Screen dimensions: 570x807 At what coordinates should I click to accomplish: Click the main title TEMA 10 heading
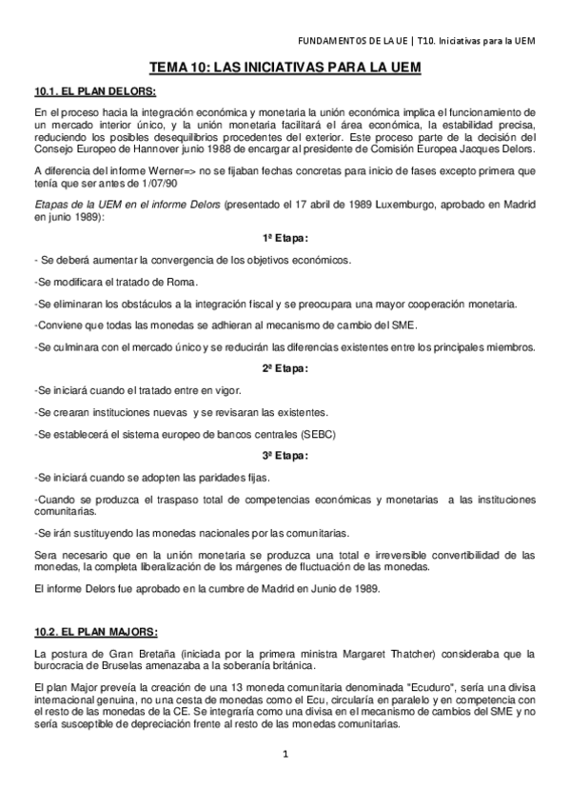coord(285,69)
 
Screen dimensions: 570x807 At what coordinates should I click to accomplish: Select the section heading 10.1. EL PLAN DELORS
coord(94,90)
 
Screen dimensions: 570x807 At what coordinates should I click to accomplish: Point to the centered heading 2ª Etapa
coord(285,368)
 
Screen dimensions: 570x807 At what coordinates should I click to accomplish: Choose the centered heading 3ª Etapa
coord(285,455)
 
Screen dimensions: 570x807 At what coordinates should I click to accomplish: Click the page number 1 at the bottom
coord(285,756)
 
